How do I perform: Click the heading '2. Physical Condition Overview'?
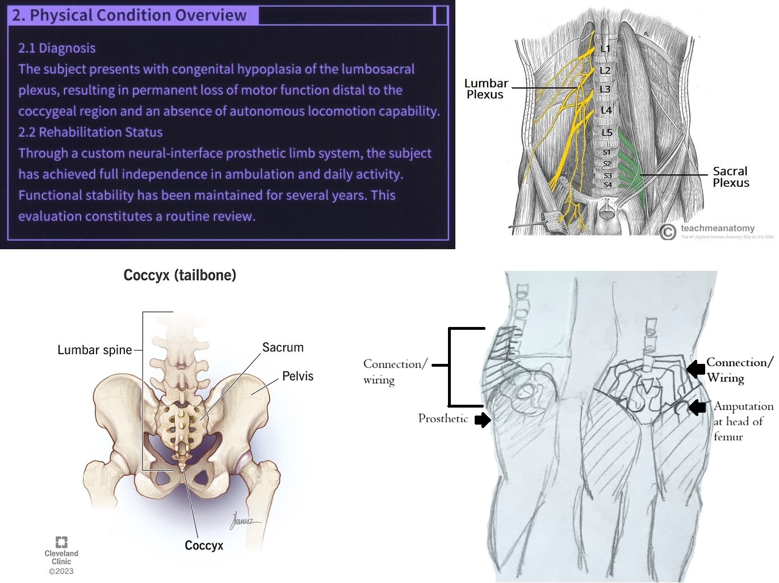click(129, 15)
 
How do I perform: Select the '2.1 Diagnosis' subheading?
click(57, 48)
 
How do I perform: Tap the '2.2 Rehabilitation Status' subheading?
click(90, 132)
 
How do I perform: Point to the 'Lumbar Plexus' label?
click(486, 89)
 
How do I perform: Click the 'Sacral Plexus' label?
click(731, 177)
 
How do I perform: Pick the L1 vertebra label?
click(605, 49)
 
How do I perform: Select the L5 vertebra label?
click(607, 132)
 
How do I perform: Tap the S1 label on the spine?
click(607, 152)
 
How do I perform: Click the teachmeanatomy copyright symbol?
click(668, 232)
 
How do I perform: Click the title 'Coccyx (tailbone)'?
click(179, 275)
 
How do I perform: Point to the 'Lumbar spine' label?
click(94, 350)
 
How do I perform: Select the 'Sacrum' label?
click(283, 347)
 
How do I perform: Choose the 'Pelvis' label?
click(298, 376)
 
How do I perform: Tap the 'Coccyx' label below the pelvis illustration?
click(204, 546)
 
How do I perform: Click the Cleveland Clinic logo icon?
click(61, 542)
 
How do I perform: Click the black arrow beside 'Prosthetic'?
click(483, 420)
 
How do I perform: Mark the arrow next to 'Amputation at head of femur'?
click(697, 407)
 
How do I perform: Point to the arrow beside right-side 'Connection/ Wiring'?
click(696, 369)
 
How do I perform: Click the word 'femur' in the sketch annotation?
click(728, 437)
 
